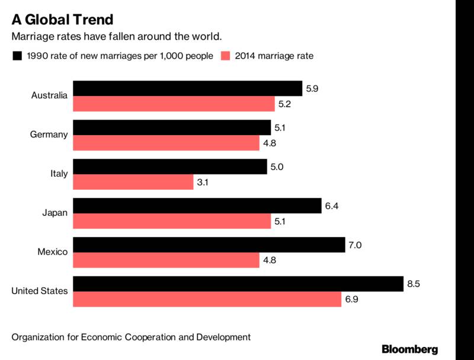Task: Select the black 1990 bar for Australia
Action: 187,88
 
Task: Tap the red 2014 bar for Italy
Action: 133,182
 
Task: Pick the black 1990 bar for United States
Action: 238,283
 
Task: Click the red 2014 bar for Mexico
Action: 166,260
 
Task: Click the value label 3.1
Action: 203,183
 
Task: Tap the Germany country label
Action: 49,135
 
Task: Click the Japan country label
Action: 55,213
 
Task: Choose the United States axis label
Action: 40,291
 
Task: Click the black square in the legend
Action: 17,56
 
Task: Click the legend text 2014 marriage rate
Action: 274,56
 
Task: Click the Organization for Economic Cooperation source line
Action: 131,337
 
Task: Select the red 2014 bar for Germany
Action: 166,143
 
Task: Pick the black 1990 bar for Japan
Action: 197,205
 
